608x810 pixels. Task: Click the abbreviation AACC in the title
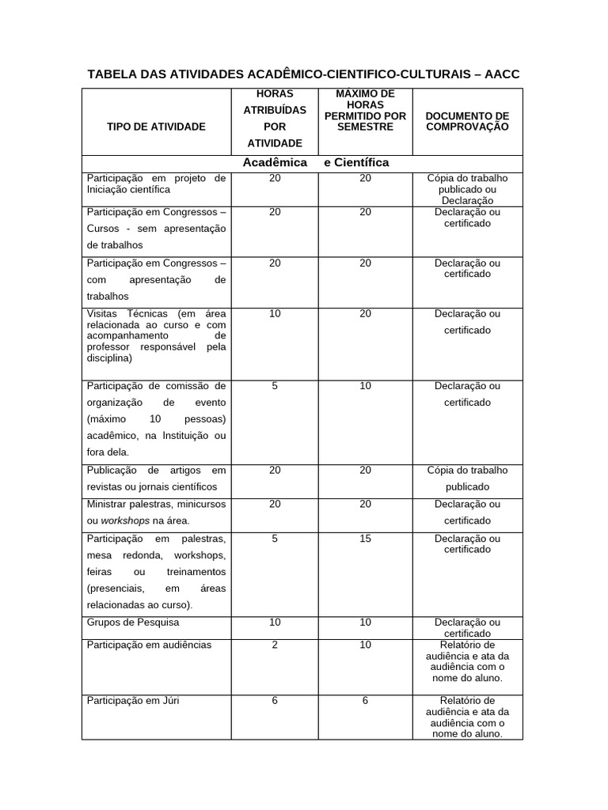[503, 74]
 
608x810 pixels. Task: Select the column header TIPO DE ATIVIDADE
[156, 127]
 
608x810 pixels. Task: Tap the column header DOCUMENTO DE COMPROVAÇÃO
[467, 121]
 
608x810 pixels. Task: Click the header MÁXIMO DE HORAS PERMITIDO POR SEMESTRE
[365, 111]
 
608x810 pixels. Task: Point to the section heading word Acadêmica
[275, 162]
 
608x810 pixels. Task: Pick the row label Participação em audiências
[149, 645]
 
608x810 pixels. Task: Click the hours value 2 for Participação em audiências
[275, 645]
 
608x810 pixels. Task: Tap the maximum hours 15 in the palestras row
[365, 539]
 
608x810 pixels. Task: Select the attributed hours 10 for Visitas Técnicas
[275, 314]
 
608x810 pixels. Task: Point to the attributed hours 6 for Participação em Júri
[275, 701]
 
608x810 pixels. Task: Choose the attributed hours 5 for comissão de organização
[275, 386]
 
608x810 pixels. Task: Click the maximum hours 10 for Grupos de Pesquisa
[365, 623]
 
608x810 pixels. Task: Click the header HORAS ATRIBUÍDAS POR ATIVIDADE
[275, 119]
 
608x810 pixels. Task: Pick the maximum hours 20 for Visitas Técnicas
[365, 314]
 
